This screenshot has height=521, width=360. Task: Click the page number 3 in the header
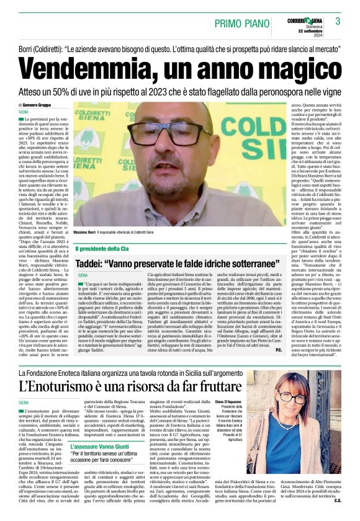point(338,22)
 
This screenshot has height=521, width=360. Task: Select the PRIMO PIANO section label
point(239,24)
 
